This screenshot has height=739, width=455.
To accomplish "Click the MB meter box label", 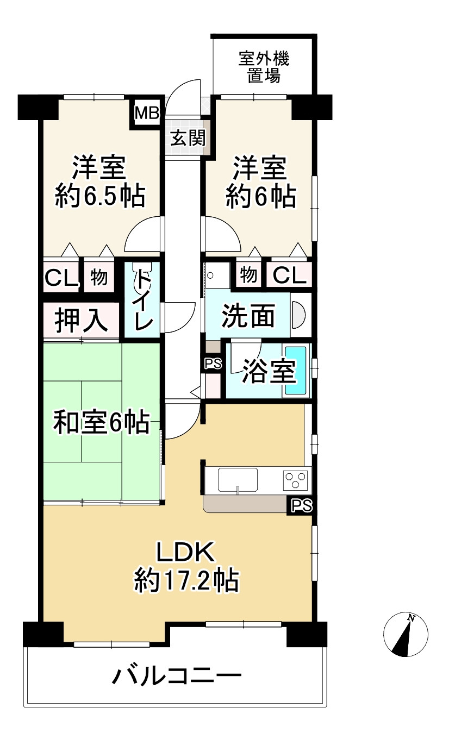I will click(x=147, y=113).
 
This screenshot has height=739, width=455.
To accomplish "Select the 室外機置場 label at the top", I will click(x=264, y=67).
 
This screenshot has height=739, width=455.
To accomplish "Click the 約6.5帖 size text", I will click(x=100, y=196).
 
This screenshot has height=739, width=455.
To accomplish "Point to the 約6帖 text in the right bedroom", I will click(x=260, y=196).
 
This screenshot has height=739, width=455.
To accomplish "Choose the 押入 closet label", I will click(x=81, y=321).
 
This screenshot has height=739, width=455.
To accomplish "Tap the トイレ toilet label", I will click(x=143, y=299).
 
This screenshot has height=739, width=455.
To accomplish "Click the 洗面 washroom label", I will click(x=248, y=316).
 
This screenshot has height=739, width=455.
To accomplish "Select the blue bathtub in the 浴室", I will click(x=296, y=371).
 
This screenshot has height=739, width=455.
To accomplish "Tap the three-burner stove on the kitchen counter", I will click(x=295, y=480).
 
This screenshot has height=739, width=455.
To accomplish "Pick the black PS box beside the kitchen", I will click(x=301, y=505).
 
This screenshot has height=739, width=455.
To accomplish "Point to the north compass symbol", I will click(x=406, y=634).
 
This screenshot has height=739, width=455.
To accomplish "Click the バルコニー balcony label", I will click(x=176, y=677).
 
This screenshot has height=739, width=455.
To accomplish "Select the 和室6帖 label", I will click(x=101, y=423).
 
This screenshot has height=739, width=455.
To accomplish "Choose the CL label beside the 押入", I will click(x=61, y=278).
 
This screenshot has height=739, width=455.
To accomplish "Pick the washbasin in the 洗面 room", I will click(x=298, y=316).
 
